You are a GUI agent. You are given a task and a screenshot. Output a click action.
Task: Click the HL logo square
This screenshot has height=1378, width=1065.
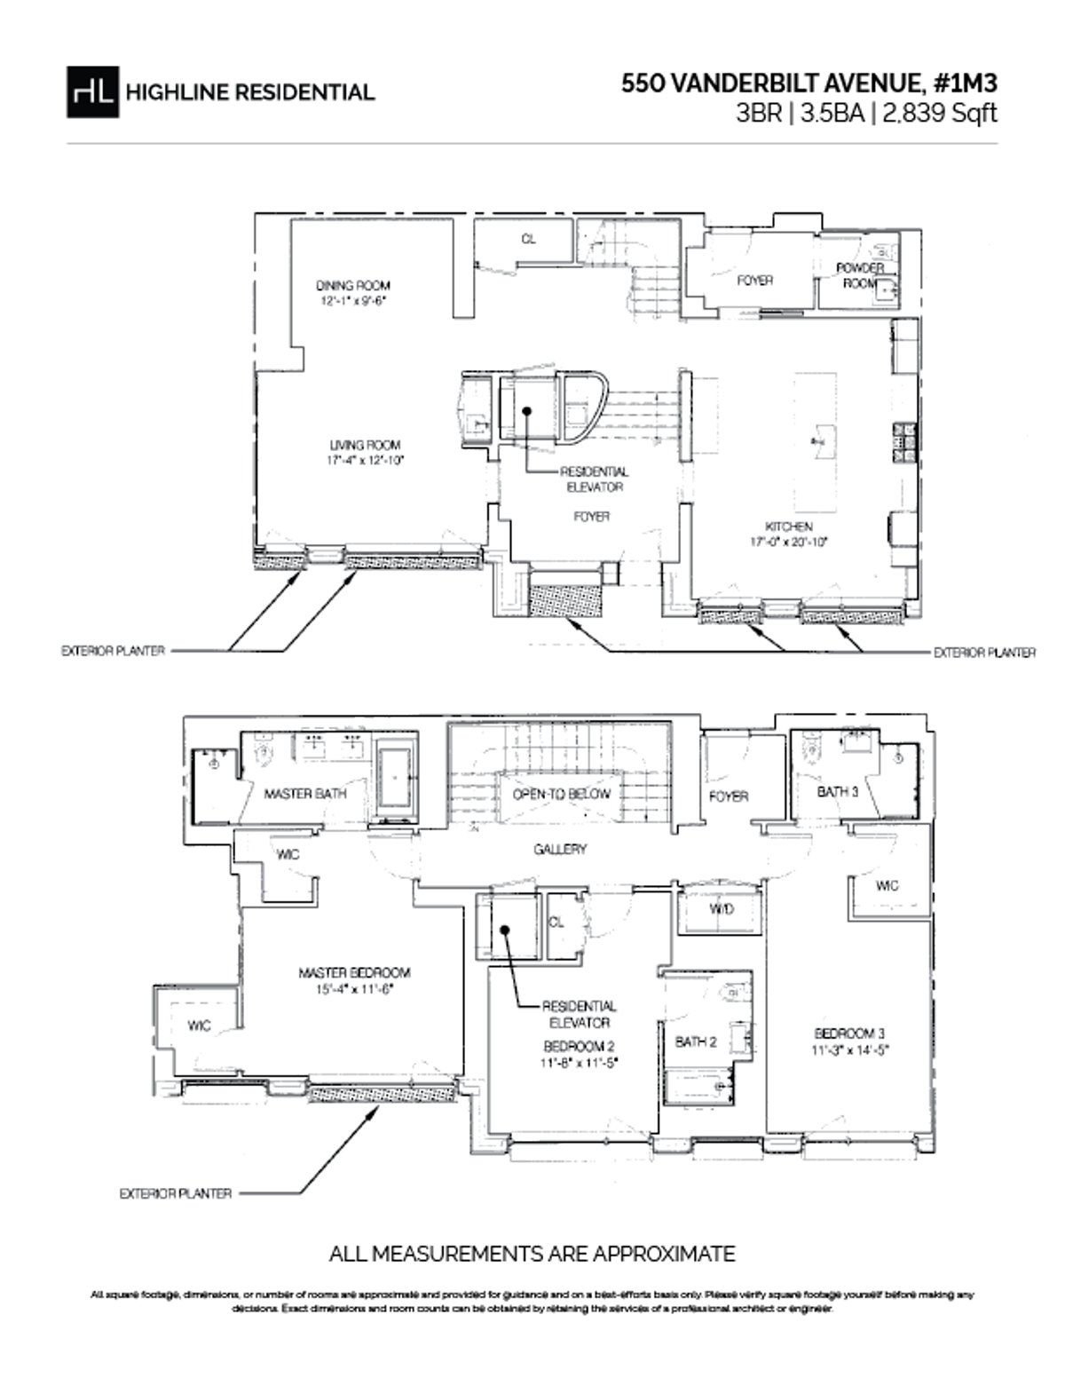coord(91,91)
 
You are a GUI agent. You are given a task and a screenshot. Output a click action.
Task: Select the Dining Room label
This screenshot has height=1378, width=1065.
coord(353,286)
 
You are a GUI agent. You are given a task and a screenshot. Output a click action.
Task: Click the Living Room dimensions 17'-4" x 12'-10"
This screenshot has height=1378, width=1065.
coord(366,461)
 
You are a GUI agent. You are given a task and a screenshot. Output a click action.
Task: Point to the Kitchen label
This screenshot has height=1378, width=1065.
coord(789,527)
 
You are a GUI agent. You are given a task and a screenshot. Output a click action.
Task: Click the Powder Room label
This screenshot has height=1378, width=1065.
coord(859,275)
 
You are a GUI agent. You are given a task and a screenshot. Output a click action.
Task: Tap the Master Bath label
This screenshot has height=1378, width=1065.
coord(305,793)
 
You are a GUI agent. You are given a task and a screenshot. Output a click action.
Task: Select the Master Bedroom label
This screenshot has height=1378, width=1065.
coord(354,973)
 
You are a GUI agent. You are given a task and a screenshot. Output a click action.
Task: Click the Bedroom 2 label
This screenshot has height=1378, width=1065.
coord(580,1045)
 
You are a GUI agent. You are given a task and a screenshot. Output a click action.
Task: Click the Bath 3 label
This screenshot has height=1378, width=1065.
coord(838,791)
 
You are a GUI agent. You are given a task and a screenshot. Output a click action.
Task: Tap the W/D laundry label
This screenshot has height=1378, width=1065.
coord(721,910)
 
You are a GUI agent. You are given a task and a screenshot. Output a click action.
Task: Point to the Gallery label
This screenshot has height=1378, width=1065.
coord(560,850)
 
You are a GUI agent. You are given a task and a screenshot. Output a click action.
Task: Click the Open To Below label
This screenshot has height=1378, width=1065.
coord(561,794)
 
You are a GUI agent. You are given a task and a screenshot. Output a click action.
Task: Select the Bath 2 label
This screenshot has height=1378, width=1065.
coord(696,1041)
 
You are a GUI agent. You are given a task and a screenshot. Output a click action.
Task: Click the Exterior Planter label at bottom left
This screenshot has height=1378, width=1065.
coord(175,1194)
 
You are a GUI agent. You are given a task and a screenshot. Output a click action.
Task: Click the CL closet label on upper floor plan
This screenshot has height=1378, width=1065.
coord(528,239)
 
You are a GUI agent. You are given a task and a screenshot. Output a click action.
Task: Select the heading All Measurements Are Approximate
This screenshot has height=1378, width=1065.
coord(532,1254)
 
